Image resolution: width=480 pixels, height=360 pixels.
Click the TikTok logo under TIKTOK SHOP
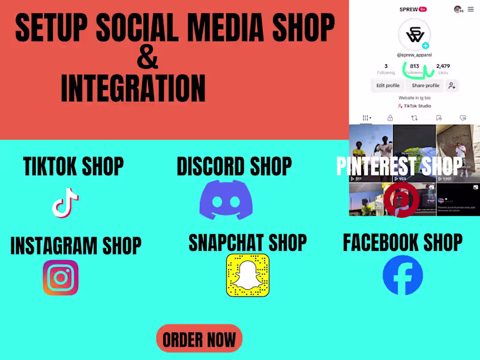(65, 203)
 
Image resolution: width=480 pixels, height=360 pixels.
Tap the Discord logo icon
(226, 199)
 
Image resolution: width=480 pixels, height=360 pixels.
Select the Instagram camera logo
(61, 277)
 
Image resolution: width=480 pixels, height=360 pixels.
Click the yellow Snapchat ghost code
(248, 275)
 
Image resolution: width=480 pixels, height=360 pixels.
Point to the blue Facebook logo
(403, 275)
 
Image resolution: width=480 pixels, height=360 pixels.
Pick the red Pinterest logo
(401, 200)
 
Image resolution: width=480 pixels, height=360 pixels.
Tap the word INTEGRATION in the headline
(133, 88)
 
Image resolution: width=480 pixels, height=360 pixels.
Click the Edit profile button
(388, 86)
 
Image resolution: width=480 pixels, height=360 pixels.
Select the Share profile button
(425, 86)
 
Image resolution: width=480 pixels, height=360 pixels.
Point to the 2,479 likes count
(443, 66)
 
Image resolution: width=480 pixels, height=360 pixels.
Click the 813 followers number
(414, 66)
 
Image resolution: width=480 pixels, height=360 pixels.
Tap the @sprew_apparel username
(415, 55)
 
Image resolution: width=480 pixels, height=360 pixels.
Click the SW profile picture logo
(415, 34)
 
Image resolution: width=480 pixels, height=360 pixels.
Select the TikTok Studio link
(415, 106)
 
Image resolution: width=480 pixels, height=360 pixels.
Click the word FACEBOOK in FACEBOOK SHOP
(380, 242)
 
